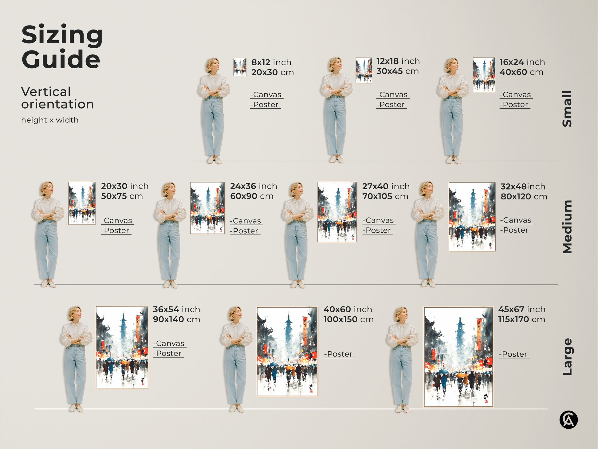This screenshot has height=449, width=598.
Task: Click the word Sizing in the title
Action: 62,35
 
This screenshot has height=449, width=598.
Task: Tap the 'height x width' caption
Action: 50,120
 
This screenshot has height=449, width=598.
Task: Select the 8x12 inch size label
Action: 271,62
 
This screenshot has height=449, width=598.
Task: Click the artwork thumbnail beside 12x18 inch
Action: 364,70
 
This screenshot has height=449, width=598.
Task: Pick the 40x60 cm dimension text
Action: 521,72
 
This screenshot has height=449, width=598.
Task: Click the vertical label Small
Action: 567,109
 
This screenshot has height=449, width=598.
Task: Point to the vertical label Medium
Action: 567,227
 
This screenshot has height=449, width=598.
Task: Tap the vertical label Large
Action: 567,357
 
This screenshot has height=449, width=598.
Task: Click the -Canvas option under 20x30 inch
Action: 117,221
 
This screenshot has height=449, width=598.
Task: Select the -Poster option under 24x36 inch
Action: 245,231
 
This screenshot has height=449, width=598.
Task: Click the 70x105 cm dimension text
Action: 385,196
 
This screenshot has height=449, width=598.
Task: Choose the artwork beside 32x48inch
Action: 472,217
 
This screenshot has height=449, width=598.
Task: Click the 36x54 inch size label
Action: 176,309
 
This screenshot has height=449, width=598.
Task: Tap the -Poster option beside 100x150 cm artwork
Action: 339,354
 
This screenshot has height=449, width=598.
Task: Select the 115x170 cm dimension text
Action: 521,319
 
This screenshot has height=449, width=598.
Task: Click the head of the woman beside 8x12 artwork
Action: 213,65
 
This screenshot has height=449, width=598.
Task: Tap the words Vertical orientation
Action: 57,98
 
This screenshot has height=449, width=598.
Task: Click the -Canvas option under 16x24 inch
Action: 516,95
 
